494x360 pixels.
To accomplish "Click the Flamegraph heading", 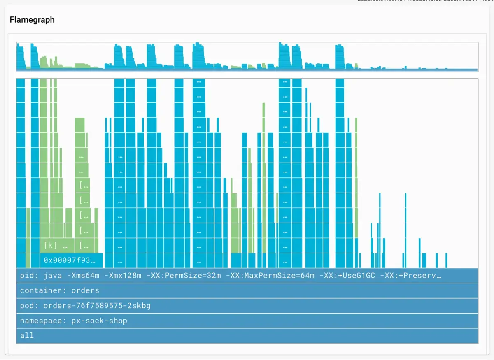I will pos(32,20).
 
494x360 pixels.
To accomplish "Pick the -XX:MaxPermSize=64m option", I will pos(270,276).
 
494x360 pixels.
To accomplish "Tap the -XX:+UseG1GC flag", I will pos(347,276).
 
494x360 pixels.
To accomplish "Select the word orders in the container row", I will pos(85,290).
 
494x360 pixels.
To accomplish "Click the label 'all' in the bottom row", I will pos(27,336).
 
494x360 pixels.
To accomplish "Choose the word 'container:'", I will pos(42,290).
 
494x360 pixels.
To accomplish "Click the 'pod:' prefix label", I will pos(29,306).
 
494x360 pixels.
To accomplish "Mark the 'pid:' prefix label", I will pos(29,276).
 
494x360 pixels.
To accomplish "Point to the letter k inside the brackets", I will pos(50,246).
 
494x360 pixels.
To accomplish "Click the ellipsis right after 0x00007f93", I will pos(93,261).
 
